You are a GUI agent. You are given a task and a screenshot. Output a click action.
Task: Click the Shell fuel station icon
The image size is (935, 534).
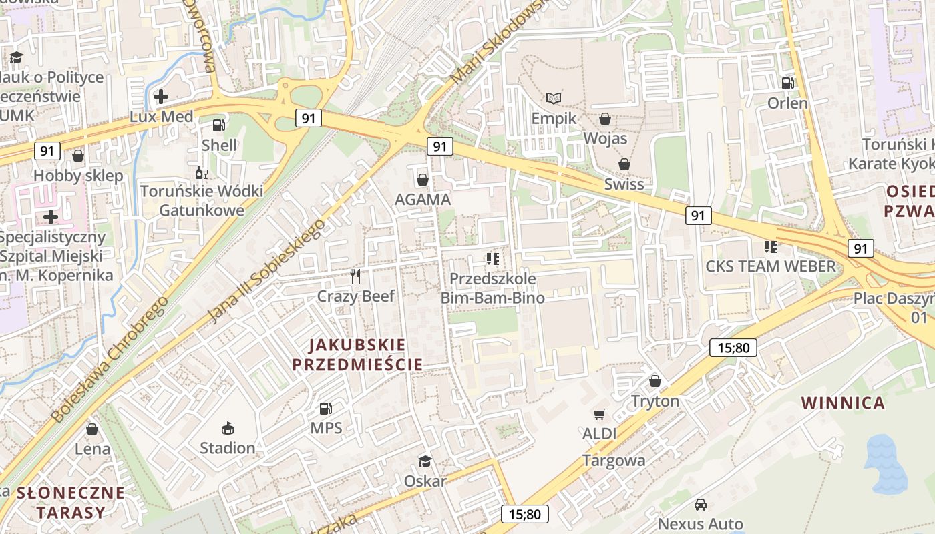point(218,125)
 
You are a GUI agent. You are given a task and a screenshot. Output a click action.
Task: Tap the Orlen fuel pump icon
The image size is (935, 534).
point(787,83)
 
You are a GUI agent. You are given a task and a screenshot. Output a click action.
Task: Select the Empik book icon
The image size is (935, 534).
point(553,99)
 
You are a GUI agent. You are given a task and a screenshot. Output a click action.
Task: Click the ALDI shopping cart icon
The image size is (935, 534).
point(599,415)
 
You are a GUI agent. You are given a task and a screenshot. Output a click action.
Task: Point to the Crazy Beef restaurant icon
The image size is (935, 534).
point(355,276)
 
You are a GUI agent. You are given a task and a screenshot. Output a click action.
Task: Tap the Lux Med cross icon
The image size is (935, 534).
point(160,97)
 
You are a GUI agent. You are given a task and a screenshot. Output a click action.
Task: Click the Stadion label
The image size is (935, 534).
point(227,447)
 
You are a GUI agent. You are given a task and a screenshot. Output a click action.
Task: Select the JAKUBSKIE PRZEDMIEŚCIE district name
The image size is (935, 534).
point(357,354)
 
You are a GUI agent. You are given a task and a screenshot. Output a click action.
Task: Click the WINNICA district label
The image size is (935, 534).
point(843,403)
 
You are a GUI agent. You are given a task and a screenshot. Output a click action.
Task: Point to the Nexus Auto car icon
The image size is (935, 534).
point(700,505)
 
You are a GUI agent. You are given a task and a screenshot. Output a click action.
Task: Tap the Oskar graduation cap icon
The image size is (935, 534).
point(425,461)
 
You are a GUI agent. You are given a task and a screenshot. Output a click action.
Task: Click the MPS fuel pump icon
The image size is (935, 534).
point(325,408)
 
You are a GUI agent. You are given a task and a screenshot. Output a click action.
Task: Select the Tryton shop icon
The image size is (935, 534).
point(654,381)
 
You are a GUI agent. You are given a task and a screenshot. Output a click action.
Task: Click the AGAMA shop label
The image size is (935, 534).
point(422,199)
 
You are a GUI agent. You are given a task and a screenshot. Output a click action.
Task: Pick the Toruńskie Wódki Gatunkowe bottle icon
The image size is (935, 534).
point(201,172)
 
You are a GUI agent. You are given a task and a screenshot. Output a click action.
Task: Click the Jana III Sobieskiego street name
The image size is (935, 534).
point(267,270)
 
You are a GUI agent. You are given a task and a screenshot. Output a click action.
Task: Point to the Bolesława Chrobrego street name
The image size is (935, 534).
point(110,360)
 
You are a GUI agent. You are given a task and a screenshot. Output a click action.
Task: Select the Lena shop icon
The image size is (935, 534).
point(92,429)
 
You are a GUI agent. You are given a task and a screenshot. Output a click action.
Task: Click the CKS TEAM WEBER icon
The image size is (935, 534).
point(771,247)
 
